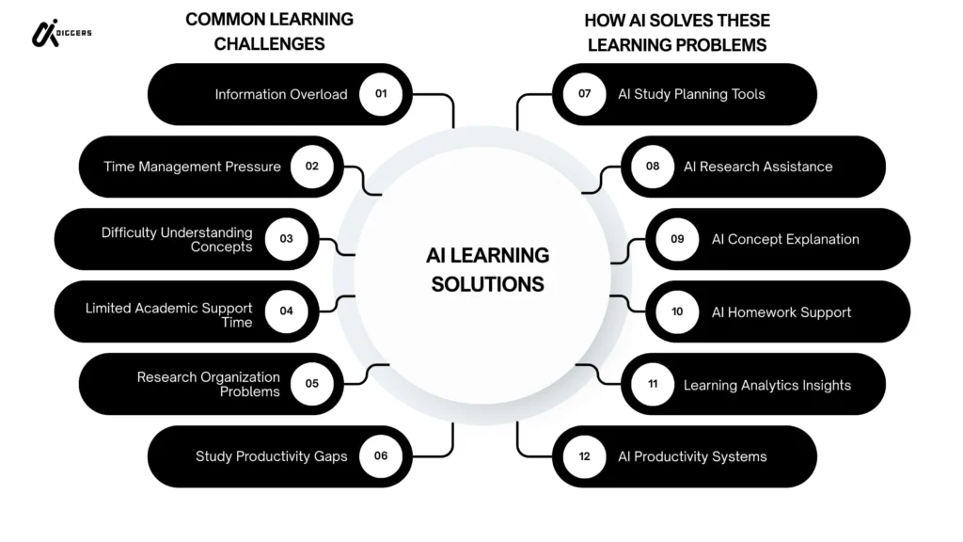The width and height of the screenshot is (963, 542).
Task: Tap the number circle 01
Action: point(381,94)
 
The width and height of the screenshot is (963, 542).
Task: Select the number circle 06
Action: point(381,456)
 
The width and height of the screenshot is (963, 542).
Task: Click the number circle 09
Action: point(677,239)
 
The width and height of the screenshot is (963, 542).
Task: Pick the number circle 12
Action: point(584,456)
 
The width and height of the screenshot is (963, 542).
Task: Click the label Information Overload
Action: point(280,94)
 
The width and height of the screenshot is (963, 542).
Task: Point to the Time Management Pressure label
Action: point(192,167)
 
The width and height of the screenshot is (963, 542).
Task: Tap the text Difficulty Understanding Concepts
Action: point(177,239)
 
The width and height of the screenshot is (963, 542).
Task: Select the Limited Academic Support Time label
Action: point(168,314)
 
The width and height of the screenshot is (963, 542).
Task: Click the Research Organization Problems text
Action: point(208,384)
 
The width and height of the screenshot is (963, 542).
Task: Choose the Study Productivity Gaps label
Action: point(271,456)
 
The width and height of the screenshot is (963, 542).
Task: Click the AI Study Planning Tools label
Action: point(691,94)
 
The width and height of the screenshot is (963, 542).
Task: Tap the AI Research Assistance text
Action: point(758,167)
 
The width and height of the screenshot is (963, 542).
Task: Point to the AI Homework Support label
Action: point(781,311)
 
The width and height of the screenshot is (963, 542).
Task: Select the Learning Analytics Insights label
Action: point(766,384)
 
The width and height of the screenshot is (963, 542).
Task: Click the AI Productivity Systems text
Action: point(692,456)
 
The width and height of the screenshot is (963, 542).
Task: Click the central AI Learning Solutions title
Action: point(487,269)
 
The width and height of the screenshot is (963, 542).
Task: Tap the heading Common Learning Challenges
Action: point(269,31)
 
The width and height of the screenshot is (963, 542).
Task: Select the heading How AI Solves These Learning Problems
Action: point(676,31)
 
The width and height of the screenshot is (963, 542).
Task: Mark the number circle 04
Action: point(286,311)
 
